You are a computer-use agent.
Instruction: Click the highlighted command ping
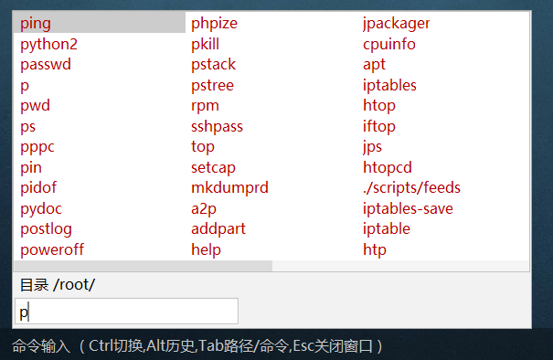click(x=36, y=23)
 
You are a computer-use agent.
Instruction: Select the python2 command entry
click(x=48, y=44)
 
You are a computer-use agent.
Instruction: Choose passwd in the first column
click(x=46, y=65)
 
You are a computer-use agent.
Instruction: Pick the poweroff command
click(x=52, y=249)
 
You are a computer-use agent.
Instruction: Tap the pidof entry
click(x=39, y=187)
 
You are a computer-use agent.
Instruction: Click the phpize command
click(x=214, y=23)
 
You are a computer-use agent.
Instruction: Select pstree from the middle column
click(x=212, y=85)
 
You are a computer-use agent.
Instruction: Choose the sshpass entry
click(x=217, y=126)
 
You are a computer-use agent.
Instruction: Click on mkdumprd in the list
click(x=229, y=187)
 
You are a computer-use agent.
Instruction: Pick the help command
click(x=206, y=249)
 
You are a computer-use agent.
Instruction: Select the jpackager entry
click(x=396, y=23)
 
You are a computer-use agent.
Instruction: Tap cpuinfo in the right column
click(x=388, y=44)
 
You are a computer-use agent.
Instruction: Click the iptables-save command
click(x=408, y=208)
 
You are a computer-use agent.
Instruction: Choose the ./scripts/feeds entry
click(x=411, y=187)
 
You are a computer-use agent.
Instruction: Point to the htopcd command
click(x=388, y=167)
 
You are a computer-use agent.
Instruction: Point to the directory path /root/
click(x=74, y=284)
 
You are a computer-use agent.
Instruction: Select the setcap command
click(x=213, y=167)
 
